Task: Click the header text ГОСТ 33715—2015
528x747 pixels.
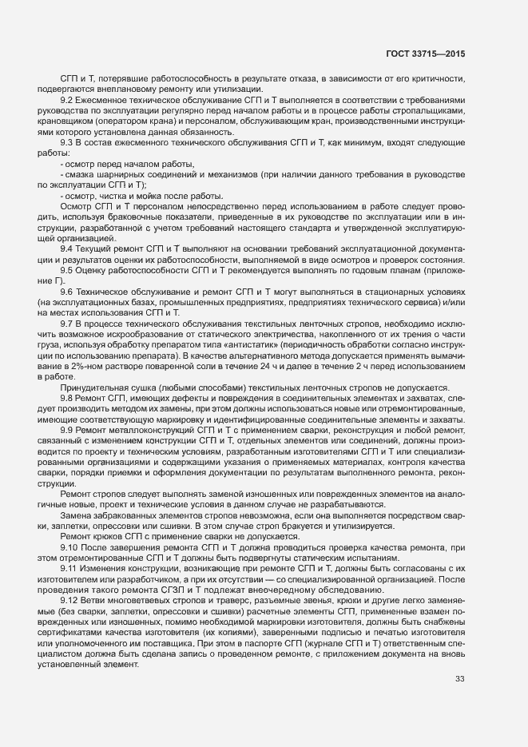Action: click(423, 53)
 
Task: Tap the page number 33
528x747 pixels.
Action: click(459, 680)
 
